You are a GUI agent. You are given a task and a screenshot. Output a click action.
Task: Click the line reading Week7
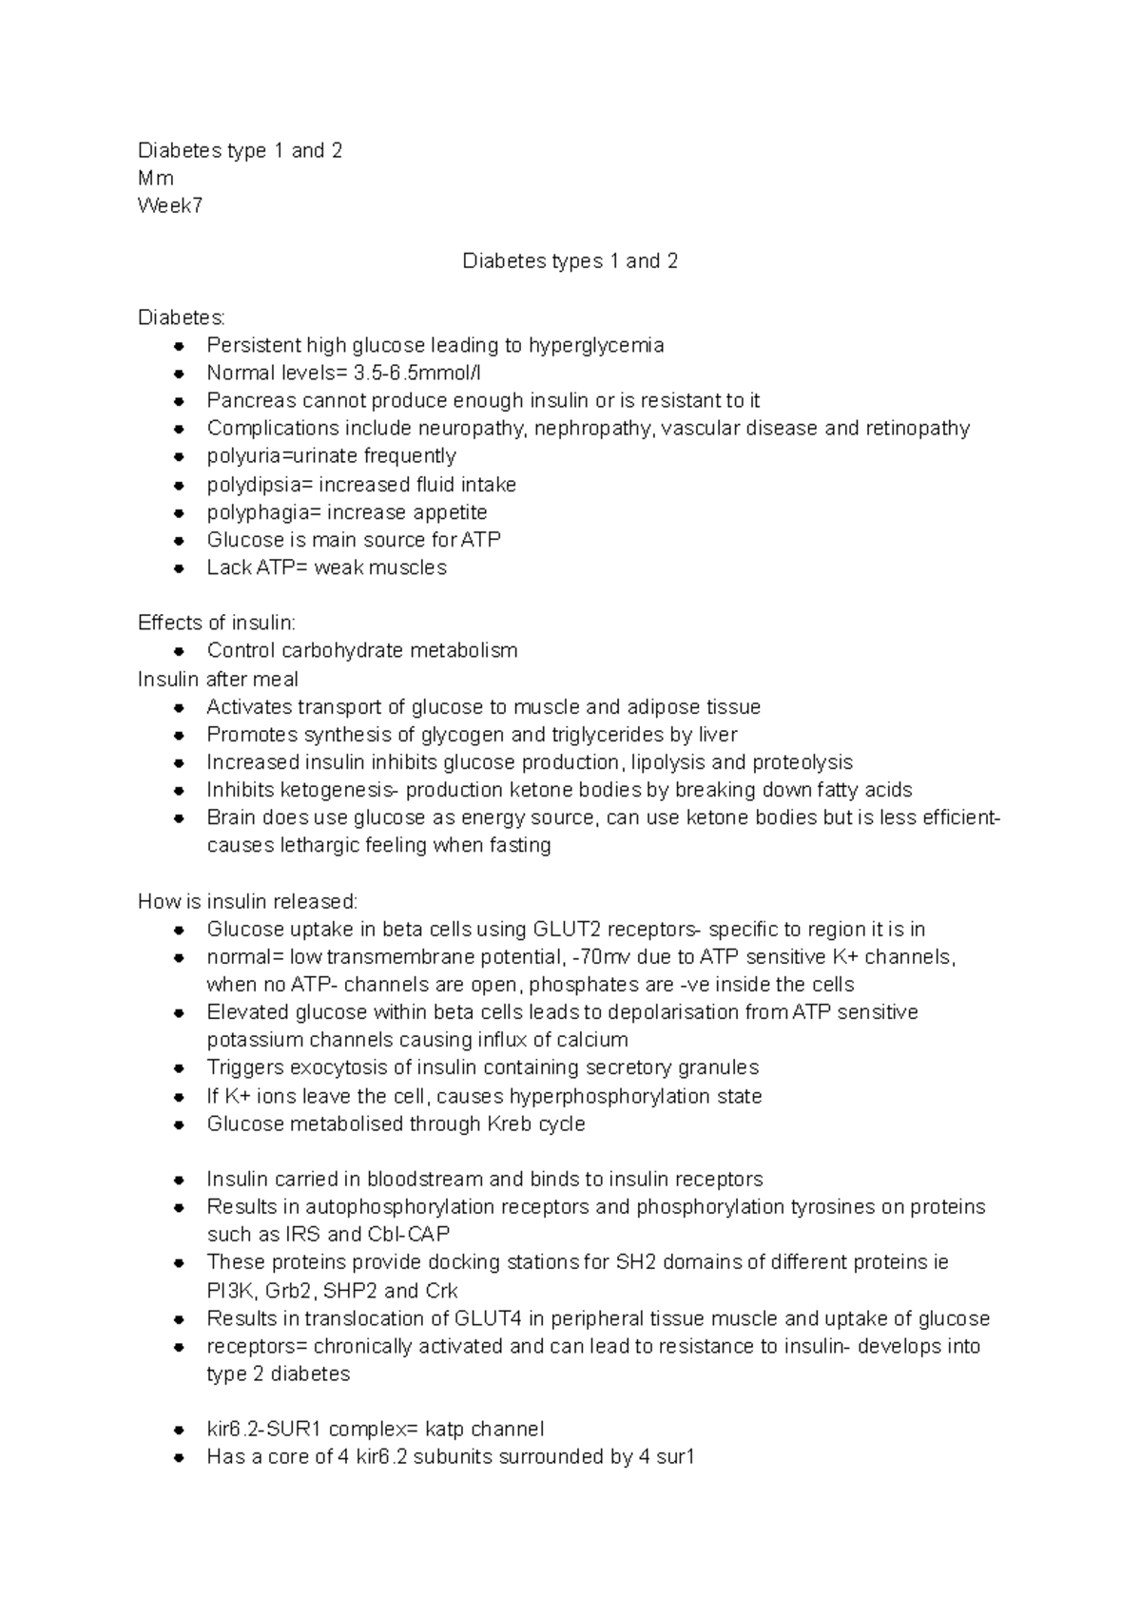[x=170, y=206]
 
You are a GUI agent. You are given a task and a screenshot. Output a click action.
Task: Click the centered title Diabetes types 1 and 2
[x=570, y=261]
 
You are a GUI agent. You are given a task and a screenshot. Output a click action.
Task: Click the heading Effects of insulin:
[x=217, y=624]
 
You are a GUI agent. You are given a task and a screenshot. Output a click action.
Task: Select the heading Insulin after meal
[x=218, y=680]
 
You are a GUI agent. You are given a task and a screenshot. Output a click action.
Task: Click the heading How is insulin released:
[x=248, y=901]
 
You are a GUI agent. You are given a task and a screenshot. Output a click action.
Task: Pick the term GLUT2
[x=568, y=930]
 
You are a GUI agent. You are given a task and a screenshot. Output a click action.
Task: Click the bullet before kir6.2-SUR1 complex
[x=179, y=1431]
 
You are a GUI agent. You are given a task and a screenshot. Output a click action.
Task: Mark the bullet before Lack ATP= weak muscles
[x=179, y=568]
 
